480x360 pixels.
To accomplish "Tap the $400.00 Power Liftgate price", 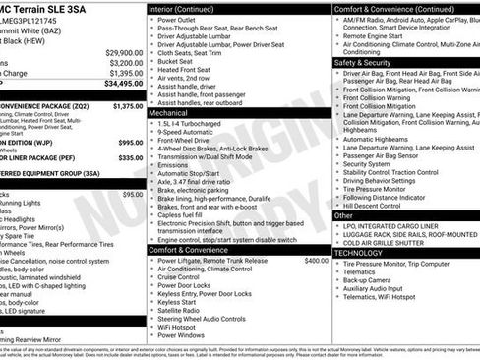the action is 317,261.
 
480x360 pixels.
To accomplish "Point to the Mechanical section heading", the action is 168,114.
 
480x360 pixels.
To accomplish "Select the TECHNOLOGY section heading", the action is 360,253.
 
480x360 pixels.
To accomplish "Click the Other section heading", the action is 344,215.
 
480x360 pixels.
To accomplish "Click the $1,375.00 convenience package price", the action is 128,105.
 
